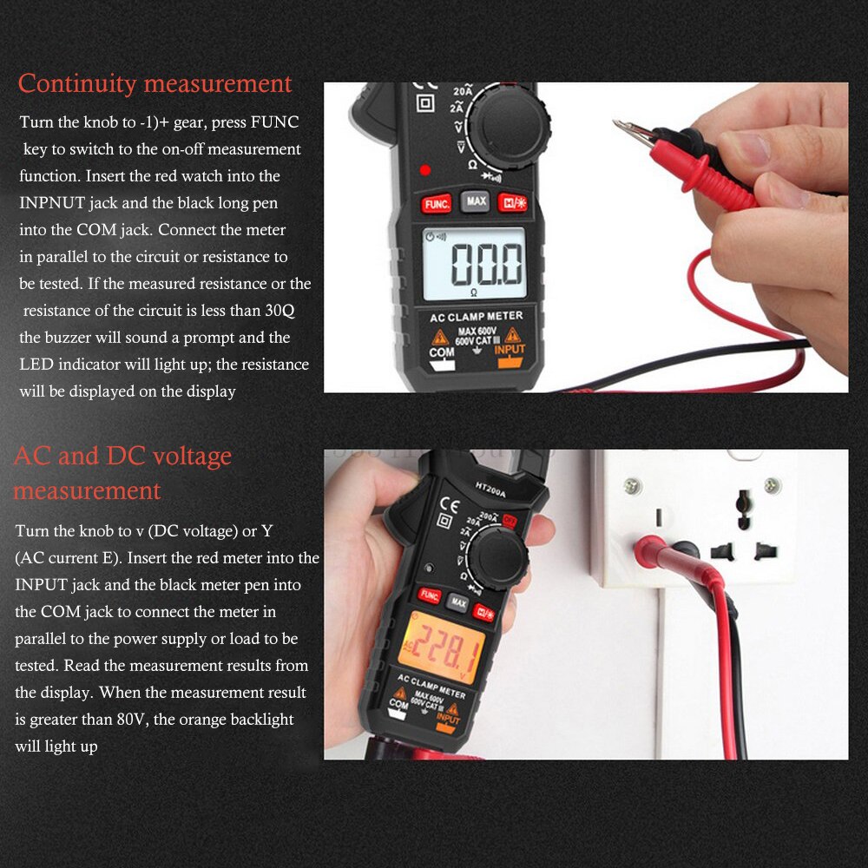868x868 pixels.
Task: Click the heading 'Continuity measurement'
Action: pyautogui.click(x=155, y=84)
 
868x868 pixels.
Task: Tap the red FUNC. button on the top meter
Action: pyautogui.click(x=436, y=205)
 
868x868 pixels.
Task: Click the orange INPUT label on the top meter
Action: pyautogui.click(x=510, y=351)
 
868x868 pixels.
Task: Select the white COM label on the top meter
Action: pyautogui.click(x=442, y=353)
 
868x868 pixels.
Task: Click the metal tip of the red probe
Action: pyautogui.click(x=631, y=131)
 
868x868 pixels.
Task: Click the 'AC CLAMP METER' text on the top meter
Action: pyautogui.click(x=477, y=318)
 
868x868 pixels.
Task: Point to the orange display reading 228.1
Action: pyautogui.click(x=443, y=645)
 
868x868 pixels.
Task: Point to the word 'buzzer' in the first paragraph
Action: pyautogui.click(x=92, y=338)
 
